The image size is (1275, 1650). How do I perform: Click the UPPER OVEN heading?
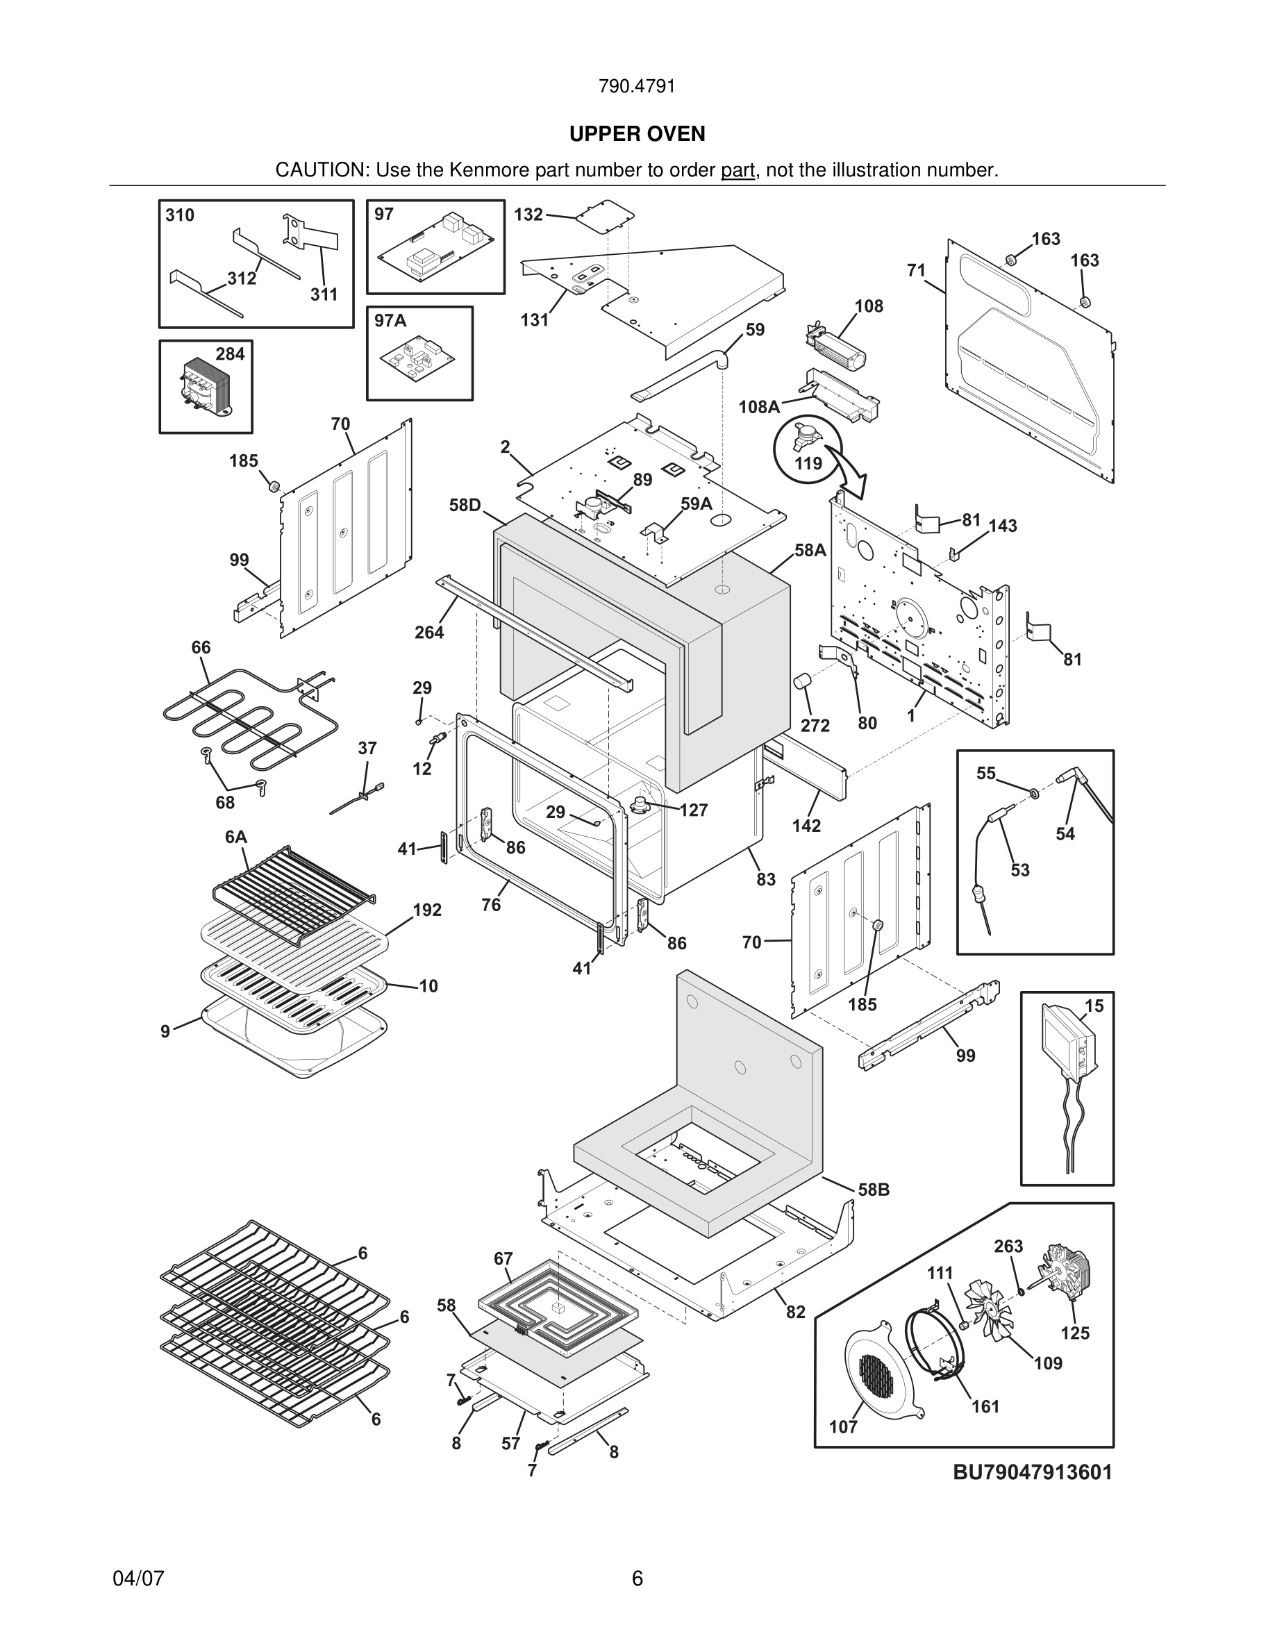coord(637,134)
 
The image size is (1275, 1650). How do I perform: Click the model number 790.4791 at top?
coord(637,87)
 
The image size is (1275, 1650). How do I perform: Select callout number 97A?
coord(390,321)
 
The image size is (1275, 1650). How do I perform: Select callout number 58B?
coord(873,1190)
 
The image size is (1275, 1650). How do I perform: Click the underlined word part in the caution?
coord(737,171)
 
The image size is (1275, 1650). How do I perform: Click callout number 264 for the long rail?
coord(428,633)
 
